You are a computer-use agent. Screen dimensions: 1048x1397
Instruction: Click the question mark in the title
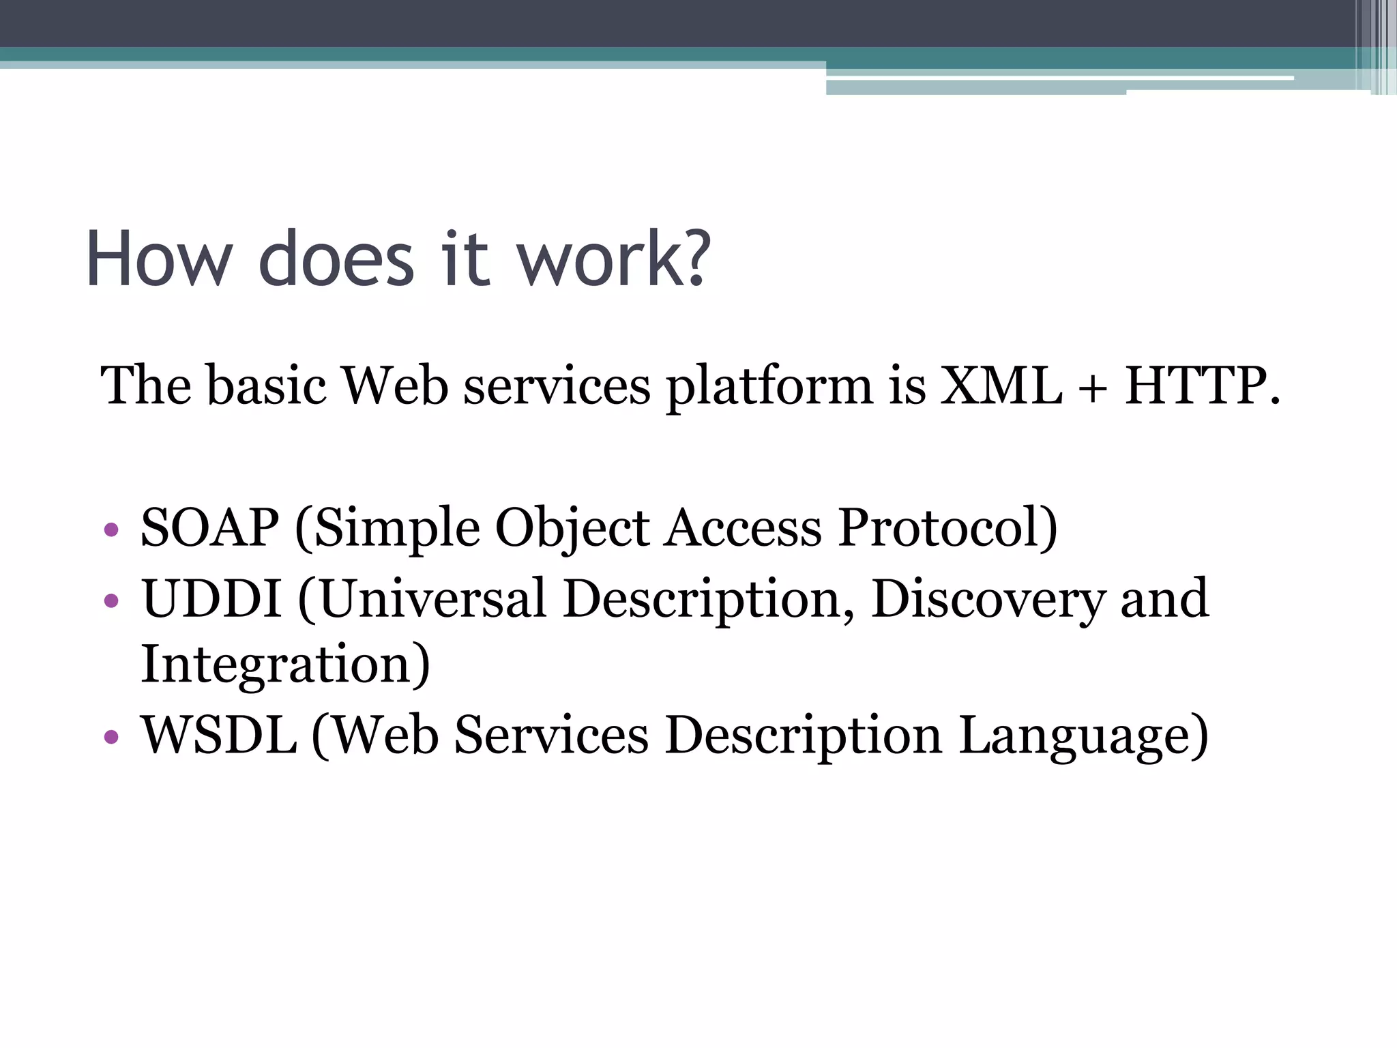tap(696, 258)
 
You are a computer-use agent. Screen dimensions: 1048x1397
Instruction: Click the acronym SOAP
tap(209, 527)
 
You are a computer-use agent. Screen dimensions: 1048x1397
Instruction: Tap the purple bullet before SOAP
tap(111, 529)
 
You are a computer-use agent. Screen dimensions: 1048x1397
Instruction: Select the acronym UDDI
tap(211, 598)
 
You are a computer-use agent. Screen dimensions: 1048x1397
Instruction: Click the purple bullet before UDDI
tap(111, 600)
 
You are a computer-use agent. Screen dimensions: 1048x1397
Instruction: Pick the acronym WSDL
tap(219, 736)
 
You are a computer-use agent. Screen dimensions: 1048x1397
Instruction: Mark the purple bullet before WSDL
tap(111, 737)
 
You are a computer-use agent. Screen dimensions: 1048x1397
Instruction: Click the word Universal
tap(432, 598)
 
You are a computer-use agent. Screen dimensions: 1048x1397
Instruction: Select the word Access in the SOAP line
tap(744, 527)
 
